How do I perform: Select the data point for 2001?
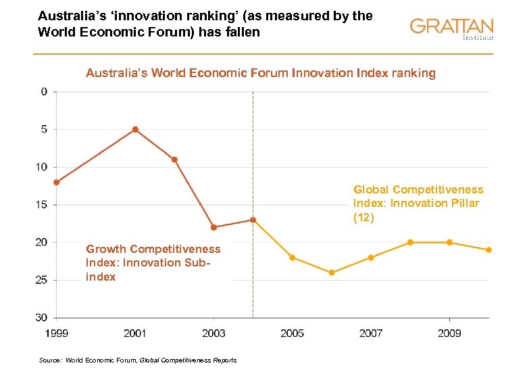[135, 129]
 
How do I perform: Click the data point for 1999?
[57, 182]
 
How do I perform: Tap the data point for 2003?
[214, 227]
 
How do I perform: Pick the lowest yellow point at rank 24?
[332, 273]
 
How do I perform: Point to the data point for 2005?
[293, 258]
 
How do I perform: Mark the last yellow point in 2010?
[489, 250]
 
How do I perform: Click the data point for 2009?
[449, 242]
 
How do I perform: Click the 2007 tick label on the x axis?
[371, 333]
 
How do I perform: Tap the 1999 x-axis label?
[57, 333]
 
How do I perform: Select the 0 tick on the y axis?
[45, 91]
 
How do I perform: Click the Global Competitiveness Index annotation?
[418, 204]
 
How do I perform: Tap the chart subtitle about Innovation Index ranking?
[261, 73]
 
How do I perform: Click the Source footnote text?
[138, 360]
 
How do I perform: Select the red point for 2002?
[174, 160]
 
